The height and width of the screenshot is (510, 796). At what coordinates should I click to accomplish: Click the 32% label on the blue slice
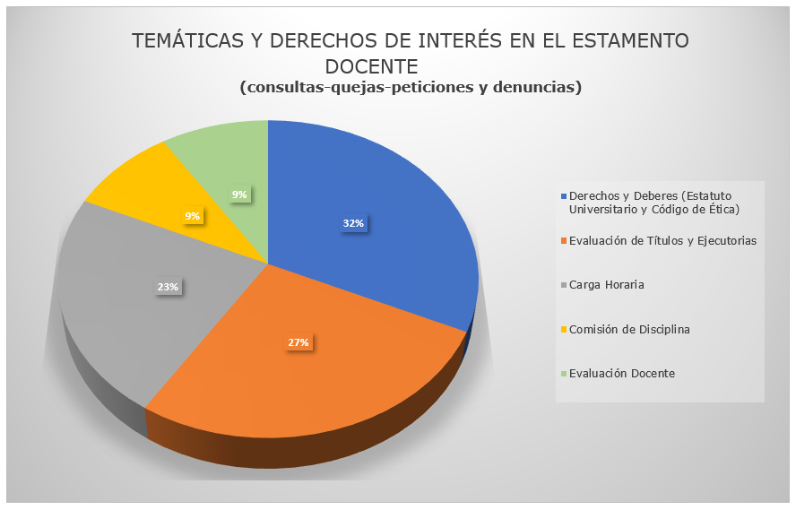pyautogui.click(x=352, y=223)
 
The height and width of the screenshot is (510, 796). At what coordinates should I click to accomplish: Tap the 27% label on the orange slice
pyautogui.click(x=298, y=342)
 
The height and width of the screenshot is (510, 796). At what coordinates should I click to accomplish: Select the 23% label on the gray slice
pyautogui.click(x=169, y=287)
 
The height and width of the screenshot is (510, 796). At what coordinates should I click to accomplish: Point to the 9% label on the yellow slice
pyautogui.click(x=193, y=215)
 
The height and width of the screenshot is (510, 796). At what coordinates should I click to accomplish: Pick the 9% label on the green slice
pyautogui.click(x=239, y=194)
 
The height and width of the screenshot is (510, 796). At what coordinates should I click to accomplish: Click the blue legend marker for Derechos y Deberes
pyautogui.click(x=563, y=196)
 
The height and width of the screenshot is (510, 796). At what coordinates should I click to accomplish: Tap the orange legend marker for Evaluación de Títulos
pyautogui.click(x=563, y=240)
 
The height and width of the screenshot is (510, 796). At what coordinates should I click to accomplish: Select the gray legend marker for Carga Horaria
pyautogui.click(x=563, y=285)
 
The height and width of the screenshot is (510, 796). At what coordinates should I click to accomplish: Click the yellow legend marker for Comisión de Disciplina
pyautogui.click(x=563, y=329)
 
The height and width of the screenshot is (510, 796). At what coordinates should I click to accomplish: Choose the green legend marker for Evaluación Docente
pyautogui.click(x=563, y=373)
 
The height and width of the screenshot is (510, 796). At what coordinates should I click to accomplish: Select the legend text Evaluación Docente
pyautogui.click(x=622, y=373)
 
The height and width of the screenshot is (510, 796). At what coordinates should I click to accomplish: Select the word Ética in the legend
pyautogui.click(x=722, y=209)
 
